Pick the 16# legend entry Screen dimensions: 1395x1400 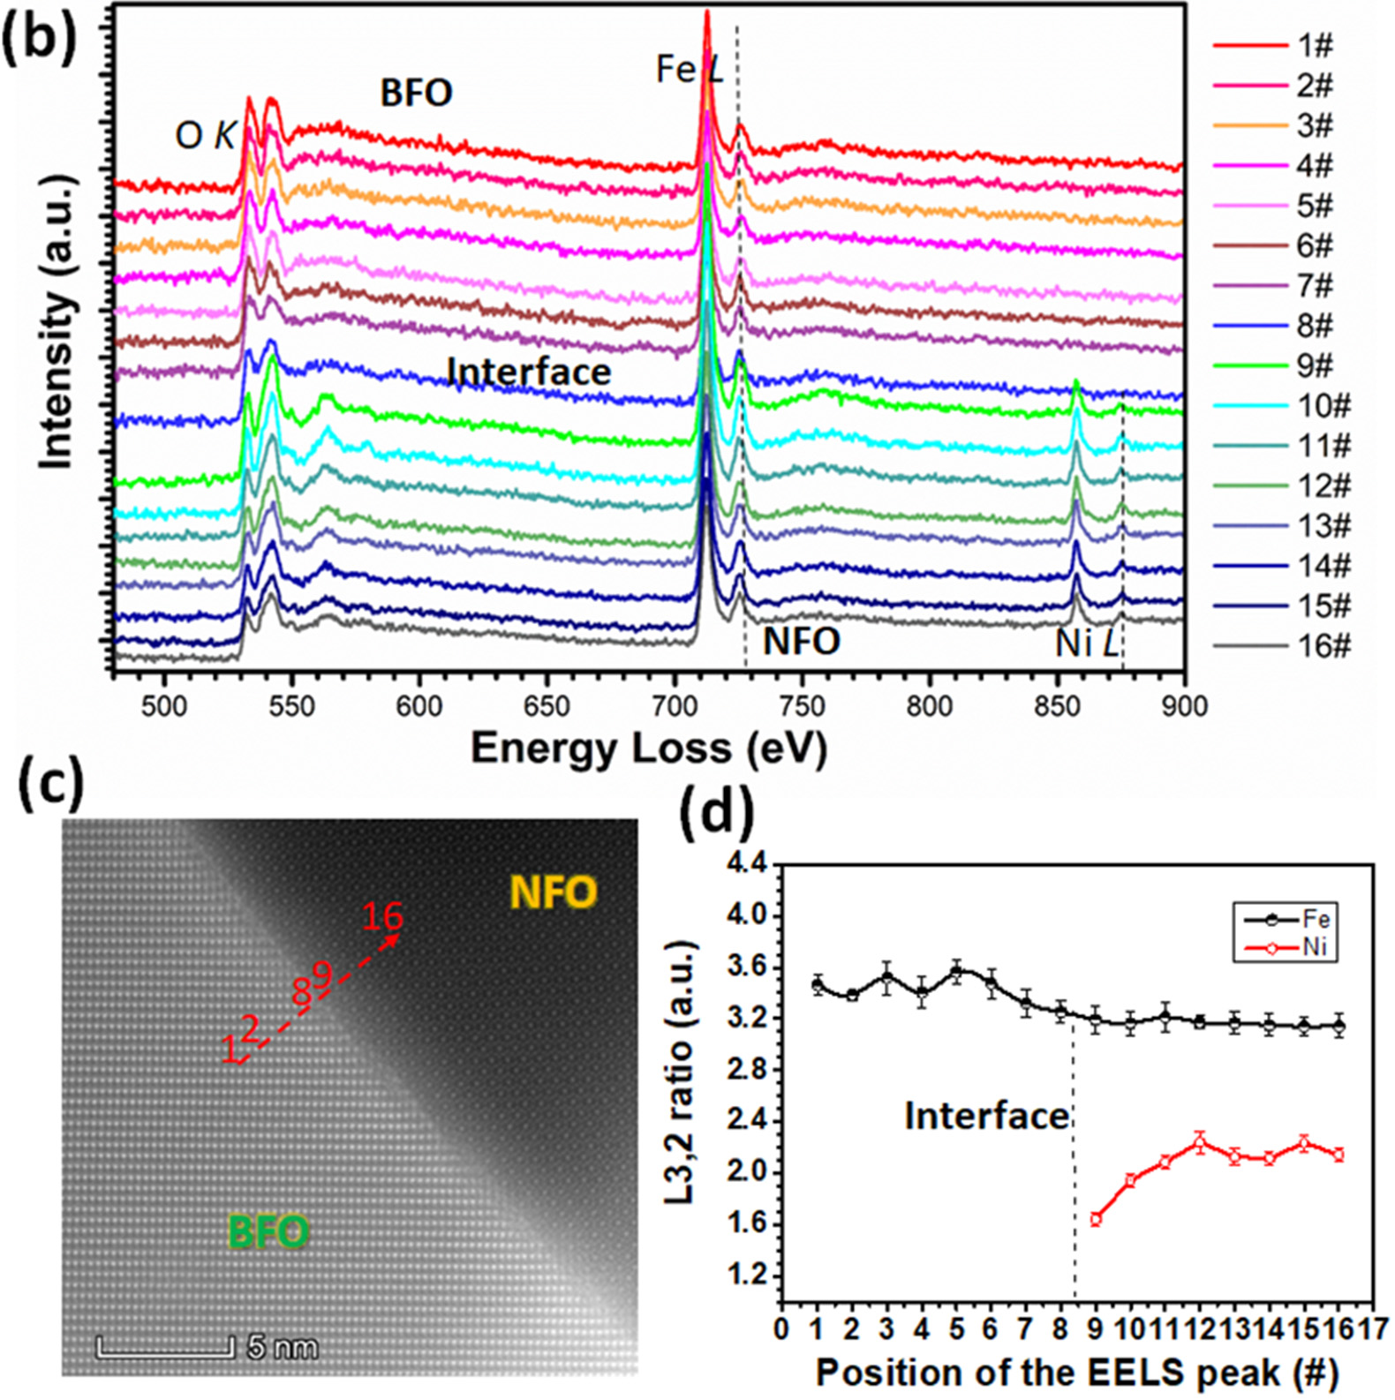[1282, 646]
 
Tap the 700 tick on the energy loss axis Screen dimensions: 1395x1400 [675, 707]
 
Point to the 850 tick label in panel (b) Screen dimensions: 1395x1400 [1057, 707]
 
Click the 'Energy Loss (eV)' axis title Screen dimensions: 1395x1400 [649, 749]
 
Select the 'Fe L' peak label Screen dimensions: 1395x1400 [690, 70]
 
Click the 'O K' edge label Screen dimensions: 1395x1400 [206, 135]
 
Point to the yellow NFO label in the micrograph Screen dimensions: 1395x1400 [554, 893]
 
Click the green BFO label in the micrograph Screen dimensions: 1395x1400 [268, 1231]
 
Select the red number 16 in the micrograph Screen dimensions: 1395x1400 [383, 917]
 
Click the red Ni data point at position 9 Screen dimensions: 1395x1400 [1096, 1219]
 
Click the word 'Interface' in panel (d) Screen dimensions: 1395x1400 [987, 1117]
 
